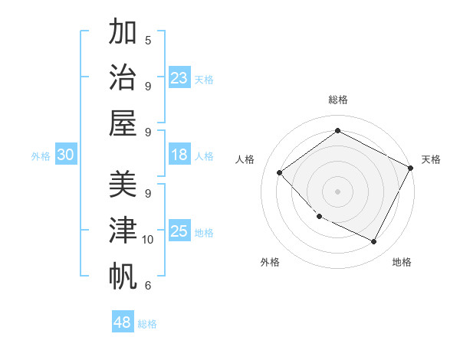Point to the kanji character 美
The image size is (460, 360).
123,185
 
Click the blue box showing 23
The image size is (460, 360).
179,77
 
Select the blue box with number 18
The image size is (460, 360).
179,155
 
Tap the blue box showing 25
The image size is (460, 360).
179,231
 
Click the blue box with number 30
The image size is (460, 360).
66,155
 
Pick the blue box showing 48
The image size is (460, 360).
123,322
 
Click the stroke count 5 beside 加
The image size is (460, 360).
148,40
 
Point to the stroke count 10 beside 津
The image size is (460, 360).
148,240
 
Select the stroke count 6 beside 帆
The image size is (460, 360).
148,286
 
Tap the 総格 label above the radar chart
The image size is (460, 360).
337,100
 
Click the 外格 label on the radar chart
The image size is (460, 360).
270,262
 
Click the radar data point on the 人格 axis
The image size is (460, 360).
280,172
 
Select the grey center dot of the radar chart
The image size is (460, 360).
337,191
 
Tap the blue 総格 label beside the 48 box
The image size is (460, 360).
147,324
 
